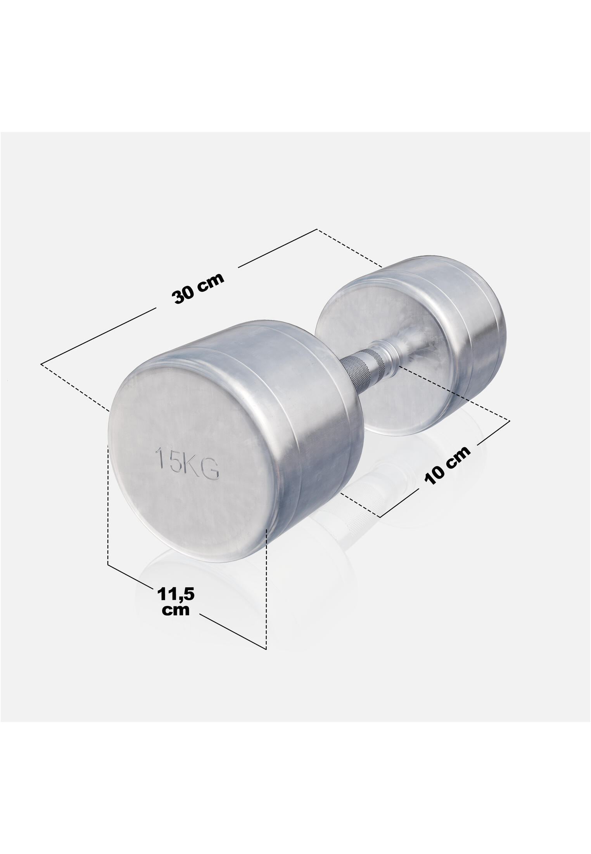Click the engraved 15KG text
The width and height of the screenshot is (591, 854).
click(x=187, y=463)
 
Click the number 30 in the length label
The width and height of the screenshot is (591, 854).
click(x=185, y=294)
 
